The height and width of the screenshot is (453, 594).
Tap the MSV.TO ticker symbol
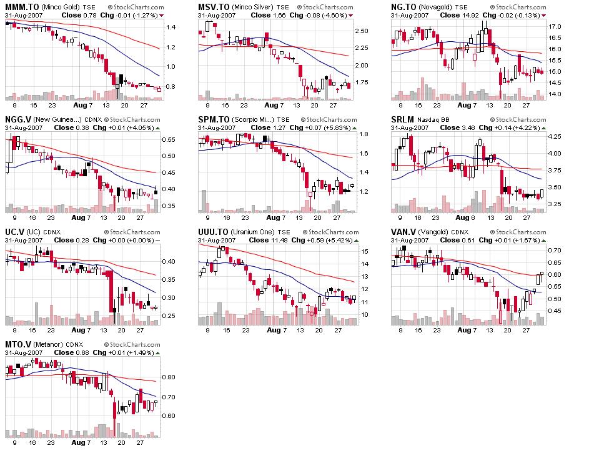pyautogui.click(x=211, y=7)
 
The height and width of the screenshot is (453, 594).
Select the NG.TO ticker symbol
pyautogui.click(x=403, y=7)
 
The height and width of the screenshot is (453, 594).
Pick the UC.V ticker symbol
pyautogui.click(x=15, y=232)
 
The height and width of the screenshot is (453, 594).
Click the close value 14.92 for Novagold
pyautogui.click(x=465, y=15)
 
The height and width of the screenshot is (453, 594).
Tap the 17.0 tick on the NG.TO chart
pyautogui.click(x=555, y=27)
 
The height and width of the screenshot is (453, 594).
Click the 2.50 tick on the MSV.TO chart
pyautogui.click(x=362, y=30)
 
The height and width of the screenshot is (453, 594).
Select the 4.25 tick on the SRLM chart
pyautogui.click(x=555, y=136)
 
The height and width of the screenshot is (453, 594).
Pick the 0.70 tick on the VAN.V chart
pyautogui.click(x=555, y=250)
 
